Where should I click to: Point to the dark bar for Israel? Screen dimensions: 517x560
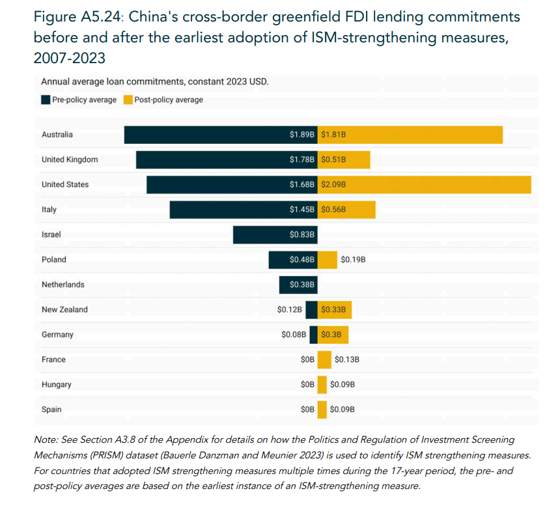[x=260, y=234]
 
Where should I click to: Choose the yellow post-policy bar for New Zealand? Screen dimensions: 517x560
[x=335, y=309]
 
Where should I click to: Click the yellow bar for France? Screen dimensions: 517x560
[x=324, y=359]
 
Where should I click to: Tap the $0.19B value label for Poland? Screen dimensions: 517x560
[x=353, y=259]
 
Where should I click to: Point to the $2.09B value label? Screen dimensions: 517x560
[x=333, y=184]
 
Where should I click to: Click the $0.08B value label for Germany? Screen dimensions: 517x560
[x=294, y=335]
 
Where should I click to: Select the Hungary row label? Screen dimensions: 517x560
[x=56, y=384]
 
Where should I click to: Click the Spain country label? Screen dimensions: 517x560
[x=51, y=410]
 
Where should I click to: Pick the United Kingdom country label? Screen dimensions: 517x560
[x=70, y=160]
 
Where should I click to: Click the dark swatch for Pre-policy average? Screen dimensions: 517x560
[x=46, y=100]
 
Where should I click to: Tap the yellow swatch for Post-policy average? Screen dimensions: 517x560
[x=128, y=100]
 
